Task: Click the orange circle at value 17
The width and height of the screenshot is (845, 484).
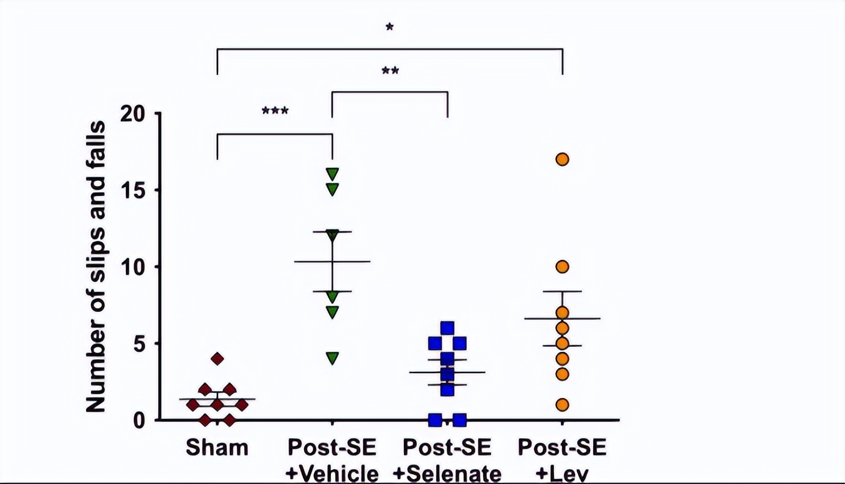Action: [562, 159]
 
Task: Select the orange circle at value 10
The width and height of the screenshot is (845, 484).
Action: [562, 267]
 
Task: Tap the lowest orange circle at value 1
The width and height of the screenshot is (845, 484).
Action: [562, 405]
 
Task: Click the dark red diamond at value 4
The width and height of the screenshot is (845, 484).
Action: [217, 359]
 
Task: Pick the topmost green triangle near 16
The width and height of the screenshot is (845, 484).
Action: [332, 173]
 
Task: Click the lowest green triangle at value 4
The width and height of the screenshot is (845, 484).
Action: [332, 358]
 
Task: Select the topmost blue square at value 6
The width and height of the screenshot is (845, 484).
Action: [447, 328]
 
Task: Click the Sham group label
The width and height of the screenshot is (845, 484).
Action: [217, 448]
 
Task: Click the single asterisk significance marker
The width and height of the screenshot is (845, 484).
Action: [389, 27]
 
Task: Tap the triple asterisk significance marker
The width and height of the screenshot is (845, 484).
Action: [275, 112]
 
